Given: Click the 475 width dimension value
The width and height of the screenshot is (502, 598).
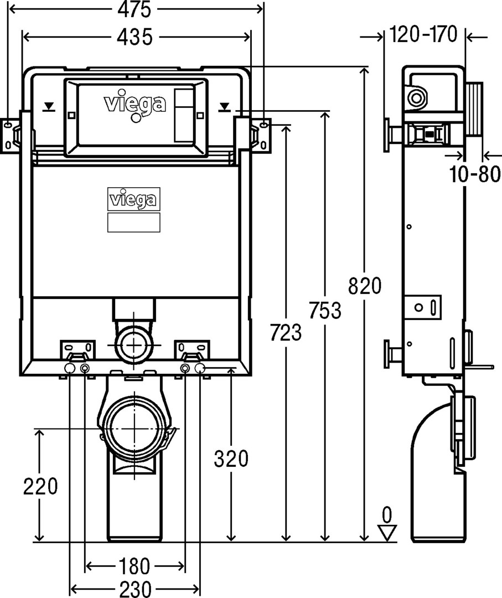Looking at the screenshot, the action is (x=134, y=9).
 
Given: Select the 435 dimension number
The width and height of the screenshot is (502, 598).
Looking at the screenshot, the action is (x=134, y=38).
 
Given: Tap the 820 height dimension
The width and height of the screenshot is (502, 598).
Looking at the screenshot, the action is (x=365, y=286).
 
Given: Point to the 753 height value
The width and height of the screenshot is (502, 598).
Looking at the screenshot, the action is (x=325, y=310).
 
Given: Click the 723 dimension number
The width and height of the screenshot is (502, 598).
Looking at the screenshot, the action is (x=286, y=332).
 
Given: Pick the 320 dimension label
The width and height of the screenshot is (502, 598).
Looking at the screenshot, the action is (x=231, y=459).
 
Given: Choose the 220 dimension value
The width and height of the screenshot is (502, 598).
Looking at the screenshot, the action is (x=40, y=486).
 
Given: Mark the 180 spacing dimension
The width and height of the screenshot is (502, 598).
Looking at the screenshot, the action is (x=134, y=566).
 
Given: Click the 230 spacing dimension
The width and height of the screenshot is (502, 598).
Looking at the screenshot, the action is (x=135, y=590).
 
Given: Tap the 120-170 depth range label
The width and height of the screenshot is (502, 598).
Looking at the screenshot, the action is (x=424, y=35).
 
